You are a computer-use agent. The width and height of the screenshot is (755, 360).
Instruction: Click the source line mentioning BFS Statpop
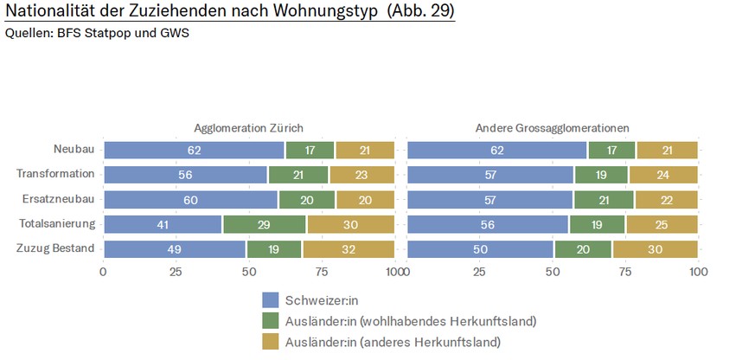(96, 34)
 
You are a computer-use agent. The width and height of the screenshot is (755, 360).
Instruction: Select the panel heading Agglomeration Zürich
(248, 128)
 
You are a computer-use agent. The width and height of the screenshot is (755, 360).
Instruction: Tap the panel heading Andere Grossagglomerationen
(552, 128)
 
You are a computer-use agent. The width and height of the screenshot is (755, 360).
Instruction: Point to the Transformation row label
(55, 174)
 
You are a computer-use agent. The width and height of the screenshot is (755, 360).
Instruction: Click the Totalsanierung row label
(56, 224)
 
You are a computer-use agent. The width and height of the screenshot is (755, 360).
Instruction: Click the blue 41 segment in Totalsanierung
(163, 224)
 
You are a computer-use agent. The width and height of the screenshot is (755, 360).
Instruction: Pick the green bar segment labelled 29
(264, 224)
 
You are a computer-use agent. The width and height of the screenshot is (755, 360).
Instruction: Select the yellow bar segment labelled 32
(348, 249)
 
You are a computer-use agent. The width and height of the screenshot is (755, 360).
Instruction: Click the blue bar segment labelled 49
(175, 249)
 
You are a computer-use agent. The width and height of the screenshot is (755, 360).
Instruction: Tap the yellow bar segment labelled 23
(362, 174)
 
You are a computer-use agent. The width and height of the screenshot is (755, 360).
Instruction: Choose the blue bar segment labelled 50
(480, 249)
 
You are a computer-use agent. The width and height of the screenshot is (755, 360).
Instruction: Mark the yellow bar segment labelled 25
(662, 224)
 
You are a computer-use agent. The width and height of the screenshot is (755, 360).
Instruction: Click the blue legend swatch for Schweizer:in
(271, 300)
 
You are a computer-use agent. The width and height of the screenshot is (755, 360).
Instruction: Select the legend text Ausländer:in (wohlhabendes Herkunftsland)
(411, 321)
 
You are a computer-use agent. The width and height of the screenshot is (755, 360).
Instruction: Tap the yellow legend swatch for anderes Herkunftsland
(271, 342)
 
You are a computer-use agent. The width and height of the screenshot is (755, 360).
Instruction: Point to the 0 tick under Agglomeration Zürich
(103, 272)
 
